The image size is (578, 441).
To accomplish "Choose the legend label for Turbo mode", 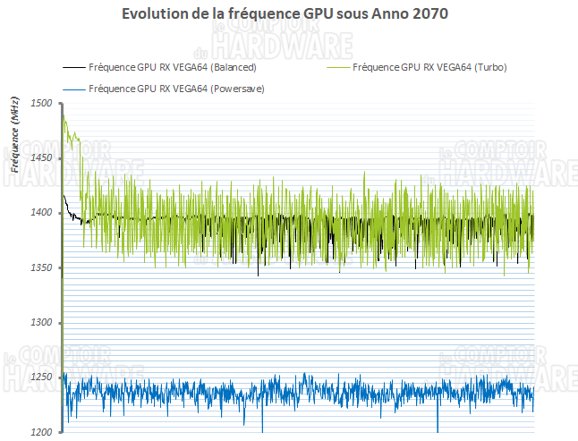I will [430, 68].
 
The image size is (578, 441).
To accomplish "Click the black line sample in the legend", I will [74, 68].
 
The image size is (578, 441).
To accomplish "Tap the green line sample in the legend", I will [338, 68].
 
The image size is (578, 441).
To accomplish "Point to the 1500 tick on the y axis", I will [41, 104].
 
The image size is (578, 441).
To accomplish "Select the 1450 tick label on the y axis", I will [41, 158].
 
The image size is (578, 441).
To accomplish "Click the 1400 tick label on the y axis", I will [41, 213].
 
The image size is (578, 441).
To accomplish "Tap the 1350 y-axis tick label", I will [41, 267].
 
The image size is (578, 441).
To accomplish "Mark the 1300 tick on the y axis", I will [41, 322].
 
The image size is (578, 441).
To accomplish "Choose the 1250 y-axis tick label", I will [41, 377].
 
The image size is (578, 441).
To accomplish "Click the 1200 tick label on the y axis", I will [41, 432].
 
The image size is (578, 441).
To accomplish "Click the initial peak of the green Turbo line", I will [64, 120].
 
